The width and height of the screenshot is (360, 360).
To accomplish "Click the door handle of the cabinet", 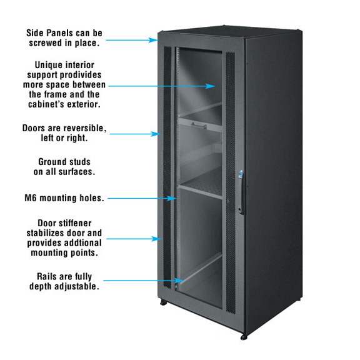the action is (x=241, y=192).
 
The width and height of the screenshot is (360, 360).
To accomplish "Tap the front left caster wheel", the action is (x=164, y=302).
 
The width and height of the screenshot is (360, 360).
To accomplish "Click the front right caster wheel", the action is (x=244, y=337).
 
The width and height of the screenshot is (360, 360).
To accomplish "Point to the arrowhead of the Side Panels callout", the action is (x=153, y=40).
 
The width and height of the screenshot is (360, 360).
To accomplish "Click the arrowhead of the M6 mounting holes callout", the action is (x=172, y=198).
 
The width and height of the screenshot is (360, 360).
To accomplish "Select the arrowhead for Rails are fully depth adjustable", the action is (x=179, y=281).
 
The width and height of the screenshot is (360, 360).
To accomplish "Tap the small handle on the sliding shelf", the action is (x=199, y=126).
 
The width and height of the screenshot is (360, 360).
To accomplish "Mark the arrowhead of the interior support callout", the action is (x=210, y=86).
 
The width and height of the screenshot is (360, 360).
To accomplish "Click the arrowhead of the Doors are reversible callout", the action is (x=155, y=134).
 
